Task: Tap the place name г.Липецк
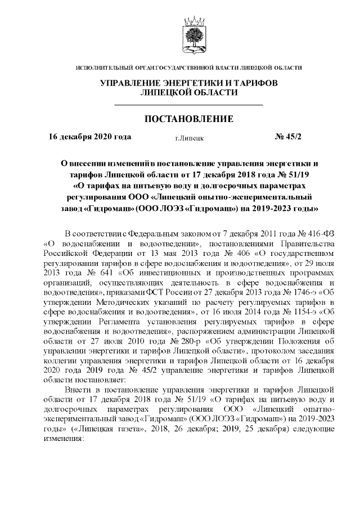pos(190,137)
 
